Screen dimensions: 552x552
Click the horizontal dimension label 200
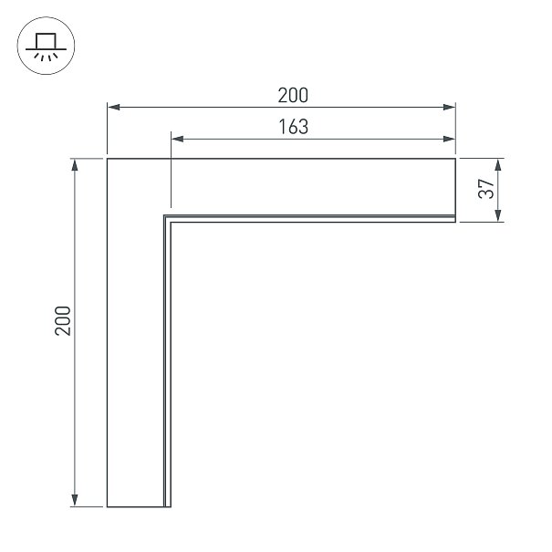coord(293,95)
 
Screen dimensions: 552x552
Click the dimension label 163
coord(294,127)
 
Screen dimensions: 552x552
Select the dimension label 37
coord(486,189)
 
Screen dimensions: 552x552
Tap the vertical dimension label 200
coord(63,321)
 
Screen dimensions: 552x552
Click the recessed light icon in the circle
coord(46,47)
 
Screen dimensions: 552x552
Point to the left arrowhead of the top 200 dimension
coord(113,107)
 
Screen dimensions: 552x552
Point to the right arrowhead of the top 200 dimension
coord(449,107)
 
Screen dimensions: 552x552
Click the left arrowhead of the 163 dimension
coord(177,139)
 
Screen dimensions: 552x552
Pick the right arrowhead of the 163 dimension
coord(449,139)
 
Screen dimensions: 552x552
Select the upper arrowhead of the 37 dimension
coord(498,165)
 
